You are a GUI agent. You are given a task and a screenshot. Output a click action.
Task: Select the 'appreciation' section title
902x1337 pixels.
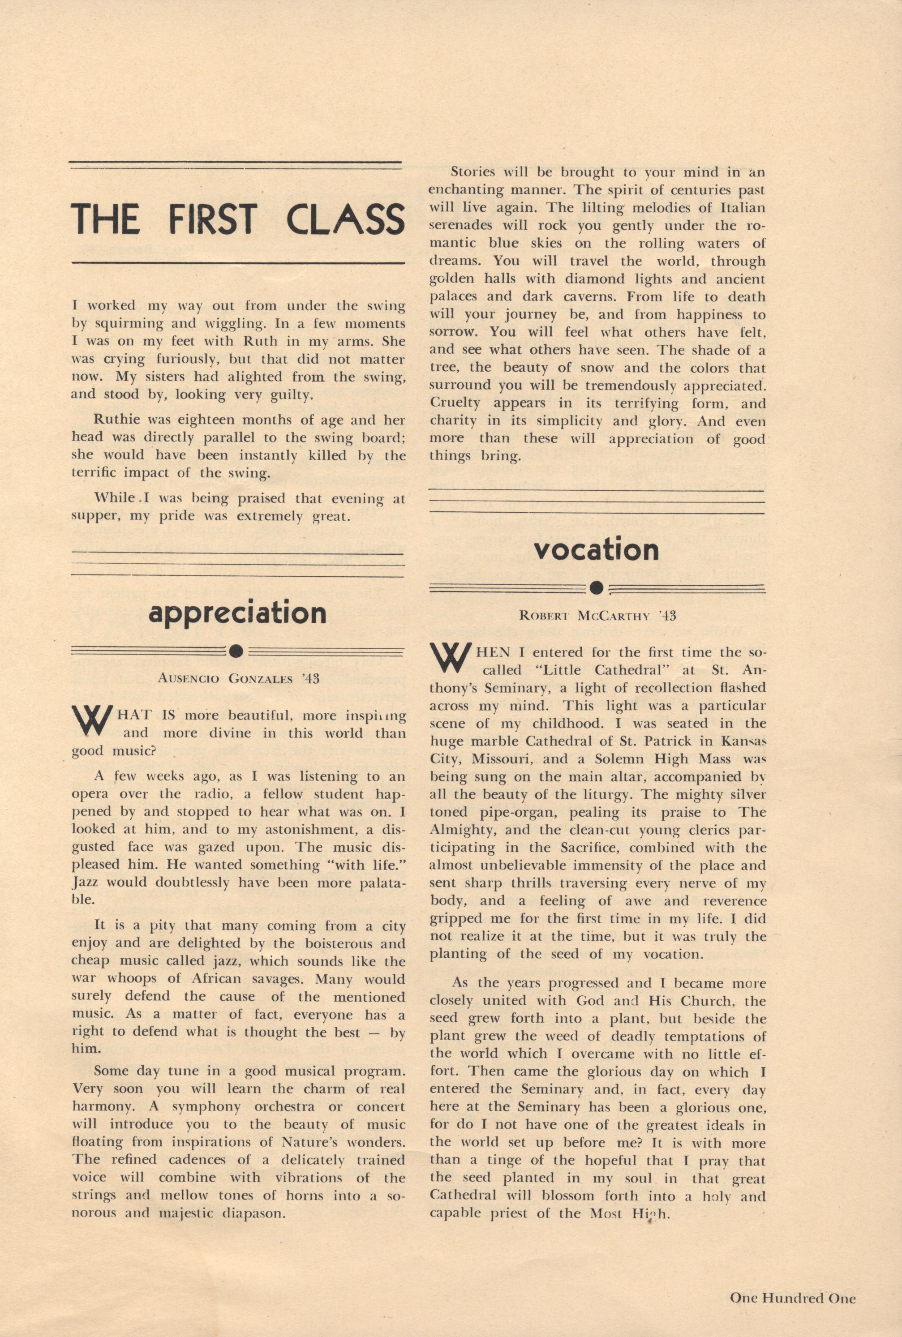coord(237,613)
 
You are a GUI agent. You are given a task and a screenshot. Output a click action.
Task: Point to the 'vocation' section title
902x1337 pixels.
coord(596,550)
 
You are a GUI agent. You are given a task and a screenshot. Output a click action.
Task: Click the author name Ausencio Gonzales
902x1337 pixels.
coord(238,678)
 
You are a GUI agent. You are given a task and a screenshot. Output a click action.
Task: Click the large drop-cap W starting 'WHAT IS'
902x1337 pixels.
coord(91,721)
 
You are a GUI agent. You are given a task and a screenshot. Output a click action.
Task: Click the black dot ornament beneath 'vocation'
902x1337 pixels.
coord(597,588)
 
